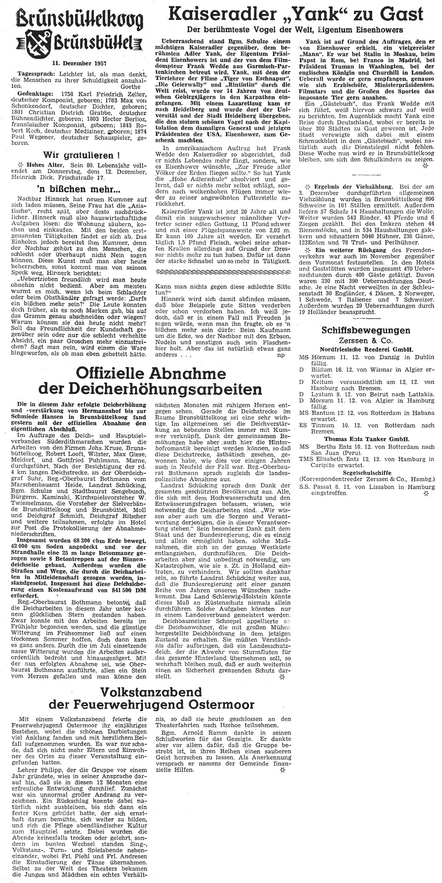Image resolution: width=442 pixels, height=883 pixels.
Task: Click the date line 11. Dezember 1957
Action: pyautogui.click(x=79, y=63)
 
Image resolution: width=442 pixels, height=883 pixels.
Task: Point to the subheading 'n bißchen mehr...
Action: pyautogui.click(x=79, y=189)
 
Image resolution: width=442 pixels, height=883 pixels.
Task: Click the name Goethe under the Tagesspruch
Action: pyautogui.click(x=130, y=87)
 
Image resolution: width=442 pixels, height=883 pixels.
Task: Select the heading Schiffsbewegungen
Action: pyautogui.click(x=366, y=330)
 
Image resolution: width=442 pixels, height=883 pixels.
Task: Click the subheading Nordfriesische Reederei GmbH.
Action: pyautogui.click(x=366, y=349)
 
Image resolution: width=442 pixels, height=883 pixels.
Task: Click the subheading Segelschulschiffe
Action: pyautogui.click(x=367, y=472)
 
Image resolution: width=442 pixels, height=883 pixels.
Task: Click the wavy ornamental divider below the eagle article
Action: pyautogui.click(x=223, y=272)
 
